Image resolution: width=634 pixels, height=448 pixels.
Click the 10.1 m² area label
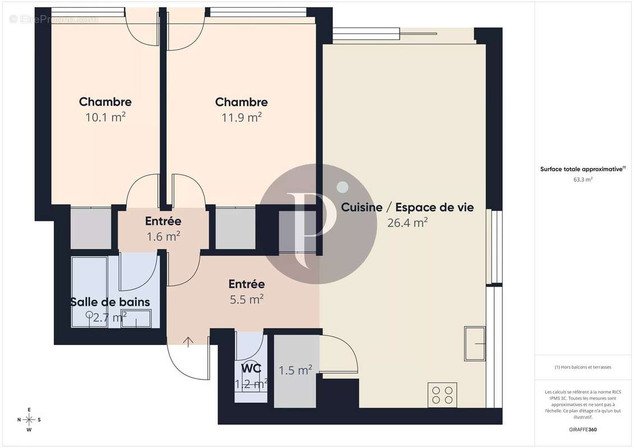pyautogui.click(x=105, y=118)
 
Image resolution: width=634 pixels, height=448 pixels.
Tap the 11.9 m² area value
pyautogui.click(x=242, y=118)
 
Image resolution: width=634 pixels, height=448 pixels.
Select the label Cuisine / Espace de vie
pyautogui.click(x=408, y=207)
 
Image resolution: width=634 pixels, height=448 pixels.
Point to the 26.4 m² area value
pyautogui.click(x=408, y=222)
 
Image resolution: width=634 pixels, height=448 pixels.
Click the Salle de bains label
pyautogui.click(x=110, y=302)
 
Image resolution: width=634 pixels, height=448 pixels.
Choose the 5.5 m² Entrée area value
pyautogui.click(x=246, y=300)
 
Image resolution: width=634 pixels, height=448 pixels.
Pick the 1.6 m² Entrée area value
pyautogui.click(x=163, y=236)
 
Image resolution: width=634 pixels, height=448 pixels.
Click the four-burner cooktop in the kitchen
pyautogui.click(x=442, y=395)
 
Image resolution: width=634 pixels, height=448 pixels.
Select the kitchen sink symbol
pyautogui.click(x=475, y=343)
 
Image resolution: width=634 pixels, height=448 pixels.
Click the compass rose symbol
pyautogui.click(x=29, y=419)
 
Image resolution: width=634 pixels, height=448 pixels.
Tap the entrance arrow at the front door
pyautogui.click(x=188, y=340)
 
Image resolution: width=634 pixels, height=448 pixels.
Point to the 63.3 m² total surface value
pyautogui.click(x=583, y=180)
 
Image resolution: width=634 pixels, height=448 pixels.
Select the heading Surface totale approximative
pyautogui.click(x=582, y=169)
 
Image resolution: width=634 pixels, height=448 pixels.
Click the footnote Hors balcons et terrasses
pyautogui.click(x=583, y=367)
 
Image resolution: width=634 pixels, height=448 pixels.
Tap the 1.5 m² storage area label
pyautogui.click(x=295, y=370)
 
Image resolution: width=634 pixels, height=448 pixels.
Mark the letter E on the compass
pyautogui.click(x=29, y=409)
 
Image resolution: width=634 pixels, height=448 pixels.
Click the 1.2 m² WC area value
pyautogui.click(x=251, y=384)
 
